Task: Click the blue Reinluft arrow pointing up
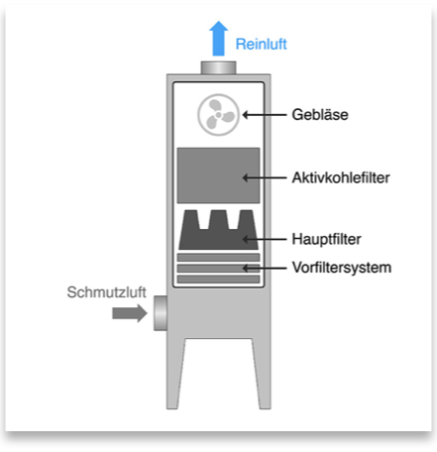pyautogui.click(x=218, y=39)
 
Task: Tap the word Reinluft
pyautogui.click(x=261, y=45)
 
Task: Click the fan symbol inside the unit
pyautogui.click(x=218, y=115)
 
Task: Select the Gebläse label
pyautogui.click(x=320, y=115)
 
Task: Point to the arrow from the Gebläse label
pyautogui.click(x=265, y=115)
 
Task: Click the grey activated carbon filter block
pyautogui.click(x=218, y=175)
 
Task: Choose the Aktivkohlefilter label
pyautogui.click(x=341, y=177)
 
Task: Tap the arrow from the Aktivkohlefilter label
pyautogui.click(x=265, y=177)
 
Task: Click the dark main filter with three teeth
pyautogui.click(x=218, y=230)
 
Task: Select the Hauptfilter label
pyautogui.click(x=326, y=239)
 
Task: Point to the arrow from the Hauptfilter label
pyautogui.click(x=265, y=239)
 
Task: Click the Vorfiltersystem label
pyautogui.click(x=342, y=268)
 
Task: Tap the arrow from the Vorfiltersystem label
pyautogui.click(x=265, y=268)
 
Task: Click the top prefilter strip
pyautogui.click(x=218, y=258)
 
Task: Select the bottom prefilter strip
pyautogui.click(x=218, y=280)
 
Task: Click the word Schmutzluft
pyautogui.click(x=106, y=292)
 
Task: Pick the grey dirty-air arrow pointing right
pyautogui.click(x=130, y=313)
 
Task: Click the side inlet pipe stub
pyautogui.click(x=161, y=313)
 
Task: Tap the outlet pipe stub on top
pyautogui.click(x=218, y=67)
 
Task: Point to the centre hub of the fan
pyautogui.click(x=218, y=115)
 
